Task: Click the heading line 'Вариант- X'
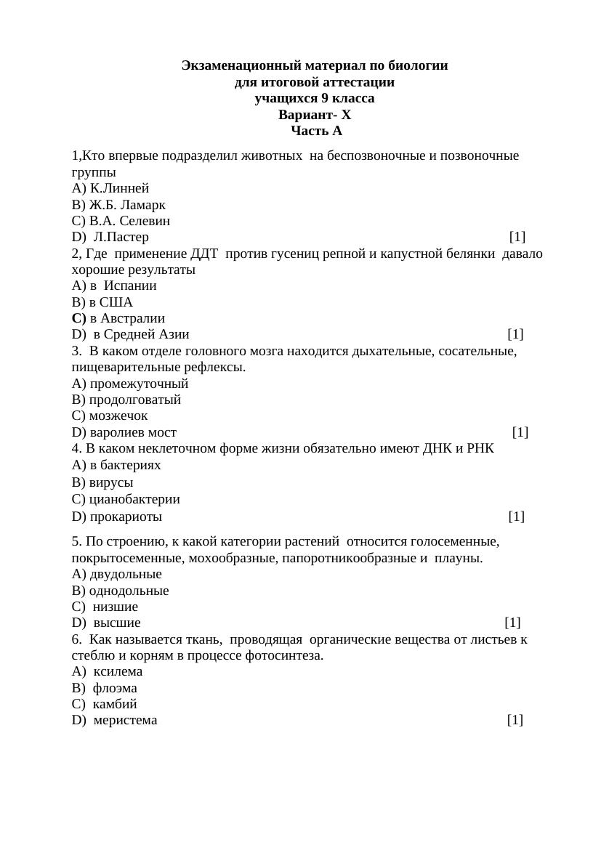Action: click(x=315, y=115)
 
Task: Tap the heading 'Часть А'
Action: click(x=316, y=131)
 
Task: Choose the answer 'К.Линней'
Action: click(x=119, y=188)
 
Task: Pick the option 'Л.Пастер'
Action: click(x=121, y=237)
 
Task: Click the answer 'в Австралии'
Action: click(x=127, y=318)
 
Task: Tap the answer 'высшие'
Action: click(x=117, y=623)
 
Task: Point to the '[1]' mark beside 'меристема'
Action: click(x=515, y=720)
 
